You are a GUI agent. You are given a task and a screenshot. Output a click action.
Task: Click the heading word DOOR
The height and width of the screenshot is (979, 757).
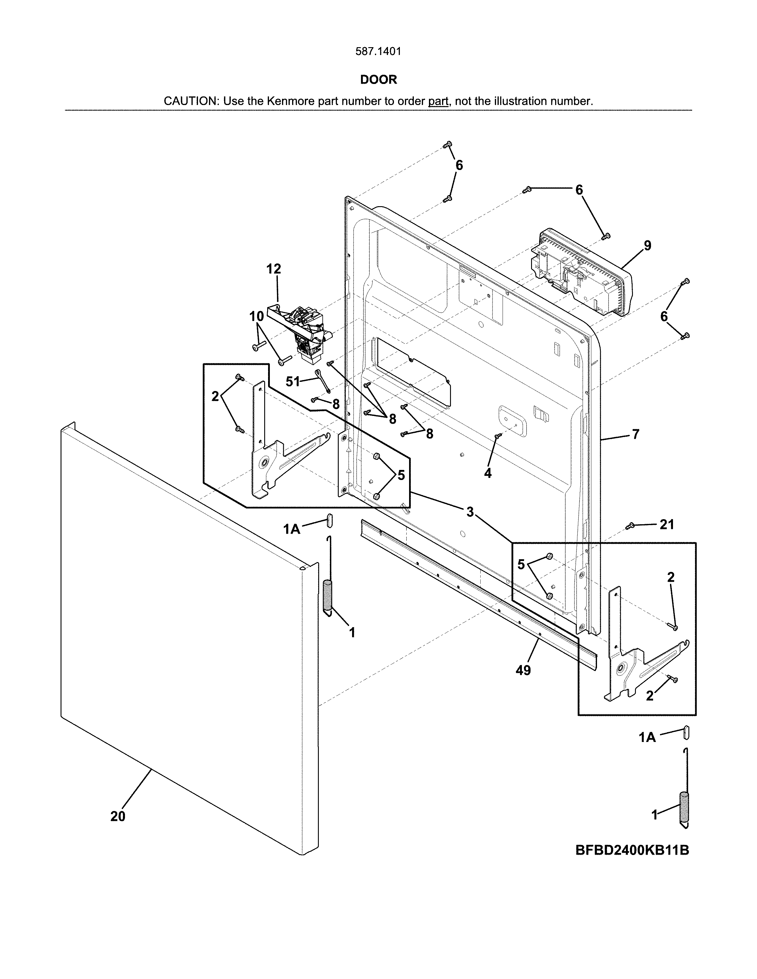click(378, 80)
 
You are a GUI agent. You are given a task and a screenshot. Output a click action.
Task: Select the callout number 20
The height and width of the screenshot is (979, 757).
click(118, 817)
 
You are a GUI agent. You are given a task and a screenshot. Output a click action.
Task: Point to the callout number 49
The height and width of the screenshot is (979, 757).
click(523, 670)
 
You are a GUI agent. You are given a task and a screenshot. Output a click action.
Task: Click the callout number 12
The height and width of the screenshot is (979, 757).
click(274, 269)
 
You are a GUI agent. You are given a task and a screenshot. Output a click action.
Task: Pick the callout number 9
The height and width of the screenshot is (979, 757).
click(647, 246)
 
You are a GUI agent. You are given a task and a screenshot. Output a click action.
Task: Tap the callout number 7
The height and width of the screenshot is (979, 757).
click(636, 434)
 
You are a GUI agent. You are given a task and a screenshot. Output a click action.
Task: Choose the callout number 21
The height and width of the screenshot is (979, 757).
click(667, 525)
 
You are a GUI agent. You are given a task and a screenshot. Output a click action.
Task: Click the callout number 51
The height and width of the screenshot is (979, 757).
click(292, 382)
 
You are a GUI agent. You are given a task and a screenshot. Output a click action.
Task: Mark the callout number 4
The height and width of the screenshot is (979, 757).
click(487, 473)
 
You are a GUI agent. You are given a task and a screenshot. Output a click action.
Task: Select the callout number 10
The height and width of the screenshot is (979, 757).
click(256, 317)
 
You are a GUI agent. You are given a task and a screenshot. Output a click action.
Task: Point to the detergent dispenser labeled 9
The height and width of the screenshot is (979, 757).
click(579, 274)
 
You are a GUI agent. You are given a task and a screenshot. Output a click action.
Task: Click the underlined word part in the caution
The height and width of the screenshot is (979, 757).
click(438, 101)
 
